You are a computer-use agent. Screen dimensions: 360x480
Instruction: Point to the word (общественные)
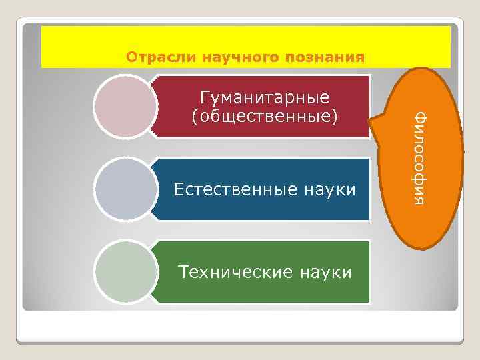265,117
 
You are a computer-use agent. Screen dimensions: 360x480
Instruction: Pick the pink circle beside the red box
123,107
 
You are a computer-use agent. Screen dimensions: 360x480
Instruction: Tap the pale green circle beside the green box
123,272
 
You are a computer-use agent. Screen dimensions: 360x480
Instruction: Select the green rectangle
267,290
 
